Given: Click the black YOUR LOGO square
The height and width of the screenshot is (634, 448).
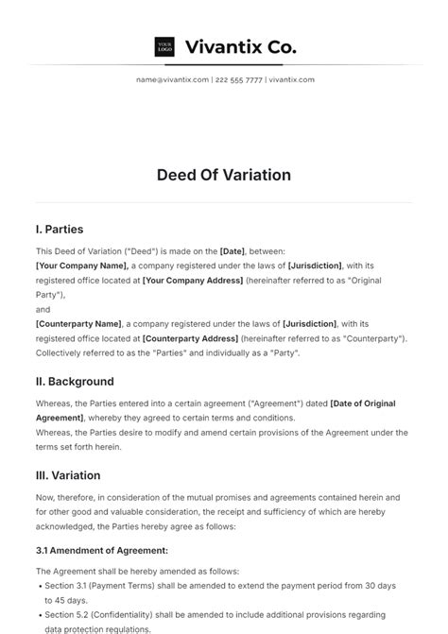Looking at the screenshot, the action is [164, 46].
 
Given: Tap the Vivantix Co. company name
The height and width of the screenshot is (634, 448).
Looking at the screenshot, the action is [240, 46].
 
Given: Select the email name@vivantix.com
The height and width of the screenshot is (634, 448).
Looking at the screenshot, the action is [172, 80].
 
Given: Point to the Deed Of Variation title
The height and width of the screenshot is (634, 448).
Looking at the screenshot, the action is [224, 175].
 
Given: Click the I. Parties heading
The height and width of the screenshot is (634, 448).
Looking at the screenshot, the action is [60, 229].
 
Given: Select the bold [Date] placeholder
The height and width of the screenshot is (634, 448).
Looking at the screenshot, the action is [233, 251].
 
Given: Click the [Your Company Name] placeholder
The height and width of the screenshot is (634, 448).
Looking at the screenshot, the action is [80, 266].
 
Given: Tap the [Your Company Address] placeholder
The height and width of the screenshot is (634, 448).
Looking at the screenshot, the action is [187, 281].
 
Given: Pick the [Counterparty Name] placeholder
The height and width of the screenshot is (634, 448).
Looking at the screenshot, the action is [78, 324].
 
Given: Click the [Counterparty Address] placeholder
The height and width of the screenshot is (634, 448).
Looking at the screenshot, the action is [189, 338].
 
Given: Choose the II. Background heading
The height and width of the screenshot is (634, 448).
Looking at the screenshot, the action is [75, 382].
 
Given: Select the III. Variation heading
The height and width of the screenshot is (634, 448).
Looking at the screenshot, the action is [68, 475].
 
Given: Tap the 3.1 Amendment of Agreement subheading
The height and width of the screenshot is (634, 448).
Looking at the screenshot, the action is [102, 549].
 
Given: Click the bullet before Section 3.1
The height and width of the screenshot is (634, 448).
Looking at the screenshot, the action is [40, 586].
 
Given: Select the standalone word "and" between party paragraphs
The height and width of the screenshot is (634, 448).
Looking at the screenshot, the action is [43, 309].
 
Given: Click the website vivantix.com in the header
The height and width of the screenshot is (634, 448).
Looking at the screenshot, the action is [291, 80].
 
